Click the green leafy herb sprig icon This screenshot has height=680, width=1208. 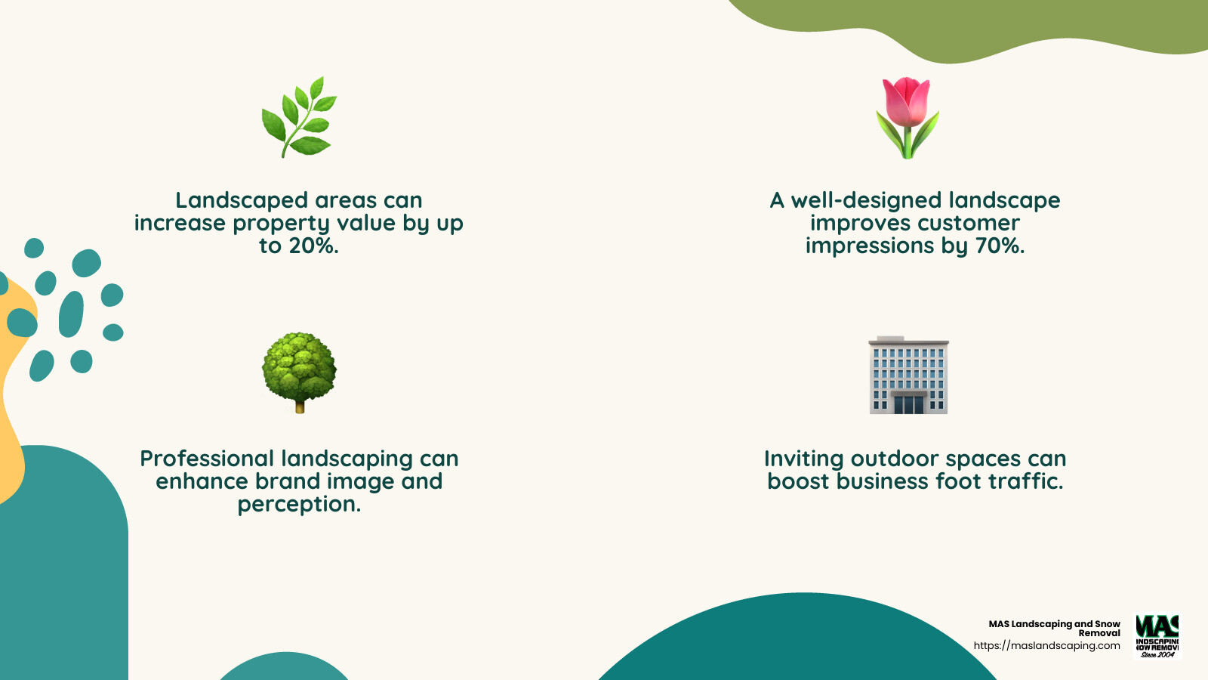(299, 117)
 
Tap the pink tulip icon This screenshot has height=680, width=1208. (908, 118)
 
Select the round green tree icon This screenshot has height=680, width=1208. (299, 370)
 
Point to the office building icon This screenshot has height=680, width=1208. (908, 376)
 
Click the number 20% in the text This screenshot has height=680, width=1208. (313, 246)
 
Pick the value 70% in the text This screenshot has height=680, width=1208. (1000, 246)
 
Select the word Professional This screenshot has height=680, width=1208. (207, 459)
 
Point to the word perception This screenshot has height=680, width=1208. (299, 505)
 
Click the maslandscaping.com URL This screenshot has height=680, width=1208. (1046, 646)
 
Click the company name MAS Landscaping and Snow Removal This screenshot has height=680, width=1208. (1055, 629)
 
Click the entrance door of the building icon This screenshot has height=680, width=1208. (908, 405)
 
